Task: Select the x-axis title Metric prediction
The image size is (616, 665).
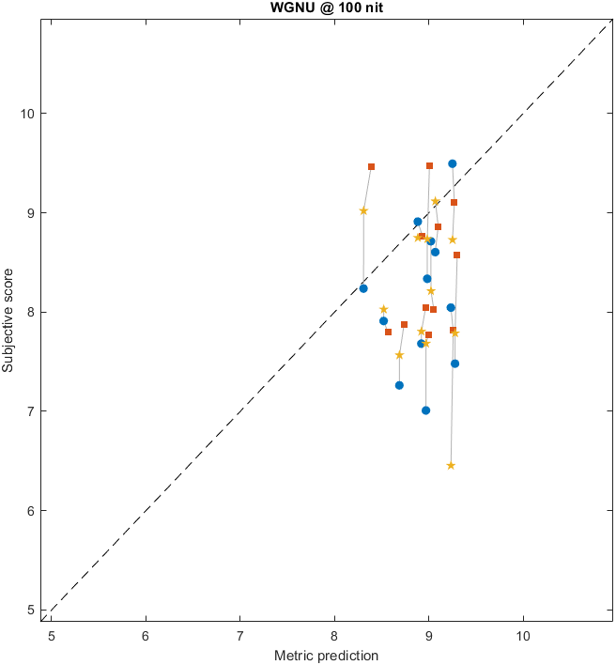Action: (326, 656)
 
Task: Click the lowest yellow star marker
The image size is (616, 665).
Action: (451, 465)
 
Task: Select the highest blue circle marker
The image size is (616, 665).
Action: (452, 163)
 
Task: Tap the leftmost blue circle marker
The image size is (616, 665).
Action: (363, 288)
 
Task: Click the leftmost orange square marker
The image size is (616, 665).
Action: (371, 166)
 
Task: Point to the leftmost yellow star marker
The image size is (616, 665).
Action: (363, 210)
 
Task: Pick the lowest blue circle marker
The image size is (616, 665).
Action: (425, 410)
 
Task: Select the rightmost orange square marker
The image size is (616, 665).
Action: (456, 255)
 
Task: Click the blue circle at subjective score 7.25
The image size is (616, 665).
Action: (399, 385)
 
